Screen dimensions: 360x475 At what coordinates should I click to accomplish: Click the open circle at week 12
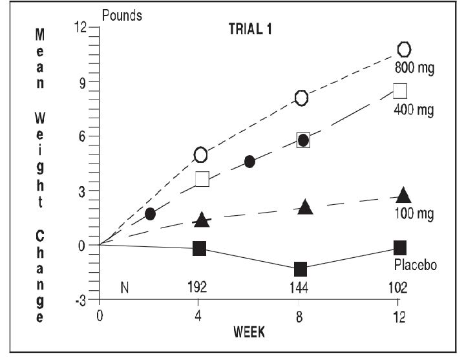tap(404, 49)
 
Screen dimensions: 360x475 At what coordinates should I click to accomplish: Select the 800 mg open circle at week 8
tap(302, 98)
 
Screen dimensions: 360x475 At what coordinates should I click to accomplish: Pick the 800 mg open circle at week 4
tap(200, 154)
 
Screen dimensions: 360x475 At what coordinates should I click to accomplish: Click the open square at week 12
tap(400, 90)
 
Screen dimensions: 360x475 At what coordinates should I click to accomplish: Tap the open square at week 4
tap(202, 179)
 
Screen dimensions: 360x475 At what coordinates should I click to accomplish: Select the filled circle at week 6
tap(249, 162)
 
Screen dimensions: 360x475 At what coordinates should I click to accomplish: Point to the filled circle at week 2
tap(150, 214)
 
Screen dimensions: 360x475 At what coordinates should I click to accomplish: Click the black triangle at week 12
tap(403, 195)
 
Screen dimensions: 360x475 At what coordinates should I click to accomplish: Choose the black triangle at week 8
tap(306, 207)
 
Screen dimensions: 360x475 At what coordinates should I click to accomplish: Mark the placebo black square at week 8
tap(301, 268)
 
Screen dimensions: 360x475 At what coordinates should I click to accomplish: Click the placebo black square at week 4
tap(200, 248)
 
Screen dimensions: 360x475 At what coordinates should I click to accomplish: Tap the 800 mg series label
tap(414, 68)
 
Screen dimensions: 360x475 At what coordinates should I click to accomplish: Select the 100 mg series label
tap(414, 213)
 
